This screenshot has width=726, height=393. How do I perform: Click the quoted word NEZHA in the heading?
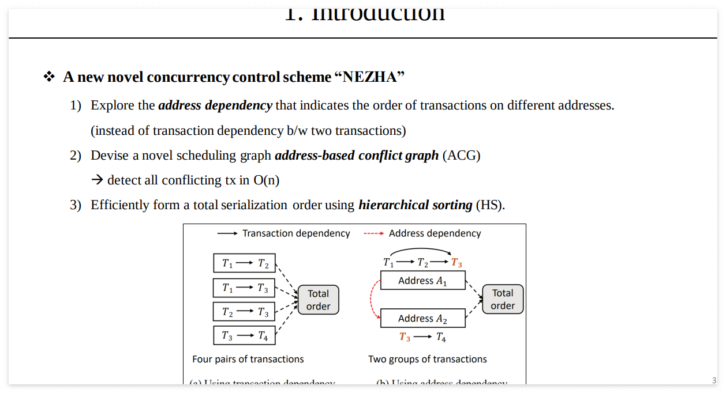369,77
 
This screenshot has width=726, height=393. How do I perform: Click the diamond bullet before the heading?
49,77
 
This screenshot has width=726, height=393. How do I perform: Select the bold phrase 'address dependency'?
215,105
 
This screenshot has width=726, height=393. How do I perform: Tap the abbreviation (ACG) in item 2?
461,156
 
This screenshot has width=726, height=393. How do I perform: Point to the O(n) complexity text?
266,180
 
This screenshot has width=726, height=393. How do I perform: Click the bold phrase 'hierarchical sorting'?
415,205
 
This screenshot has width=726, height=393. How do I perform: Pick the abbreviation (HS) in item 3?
490,205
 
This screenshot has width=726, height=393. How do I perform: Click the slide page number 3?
714,380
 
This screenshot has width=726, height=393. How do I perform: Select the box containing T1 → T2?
244,263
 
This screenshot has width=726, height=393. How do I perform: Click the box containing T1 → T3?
244,288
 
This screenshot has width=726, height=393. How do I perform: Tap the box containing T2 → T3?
244,312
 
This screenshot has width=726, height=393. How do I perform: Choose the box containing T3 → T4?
244,335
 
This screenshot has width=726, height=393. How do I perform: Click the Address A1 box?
423,281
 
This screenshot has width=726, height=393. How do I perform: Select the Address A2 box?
423,318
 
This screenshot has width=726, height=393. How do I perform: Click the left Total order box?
318,300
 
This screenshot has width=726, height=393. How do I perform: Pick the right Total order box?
503,300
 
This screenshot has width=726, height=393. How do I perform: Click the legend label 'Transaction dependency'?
296,233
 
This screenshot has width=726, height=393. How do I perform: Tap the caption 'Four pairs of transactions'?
248,359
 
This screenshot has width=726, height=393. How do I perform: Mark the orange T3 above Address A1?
456,263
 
